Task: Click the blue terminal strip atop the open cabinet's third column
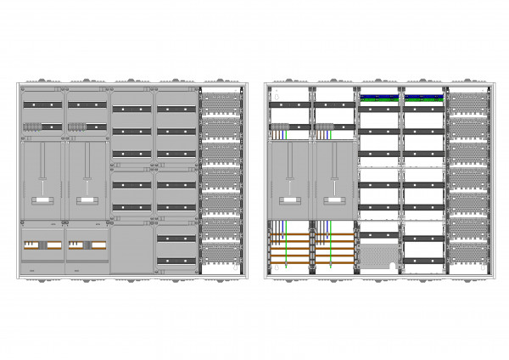378,96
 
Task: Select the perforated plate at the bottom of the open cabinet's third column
378,255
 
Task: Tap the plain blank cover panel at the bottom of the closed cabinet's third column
131,248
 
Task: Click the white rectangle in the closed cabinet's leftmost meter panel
42,201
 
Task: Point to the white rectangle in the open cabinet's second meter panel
334,201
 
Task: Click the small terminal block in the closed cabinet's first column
33,127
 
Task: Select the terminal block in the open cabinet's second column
323,129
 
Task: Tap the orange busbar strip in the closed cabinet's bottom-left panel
42,245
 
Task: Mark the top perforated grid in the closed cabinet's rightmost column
221,101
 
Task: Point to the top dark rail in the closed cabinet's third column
131,109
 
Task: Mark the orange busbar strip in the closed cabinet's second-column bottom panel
87,245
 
